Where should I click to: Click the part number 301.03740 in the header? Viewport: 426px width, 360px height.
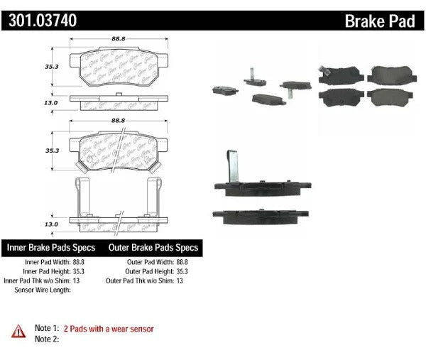click(x=43, y=21)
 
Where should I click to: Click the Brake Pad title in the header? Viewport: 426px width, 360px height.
click(x=380, y=21)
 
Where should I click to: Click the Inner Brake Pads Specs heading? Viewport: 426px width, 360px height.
click(x=52, y=249)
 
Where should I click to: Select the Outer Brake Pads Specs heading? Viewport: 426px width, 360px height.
click(x=153, y=249)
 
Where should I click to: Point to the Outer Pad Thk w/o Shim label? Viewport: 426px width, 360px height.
click(x=140, y=281)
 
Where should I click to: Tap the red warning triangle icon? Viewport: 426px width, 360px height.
click(x=16, y=330)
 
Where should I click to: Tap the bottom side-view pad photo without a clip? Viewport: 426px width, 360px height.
click(x=260, y=216)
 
